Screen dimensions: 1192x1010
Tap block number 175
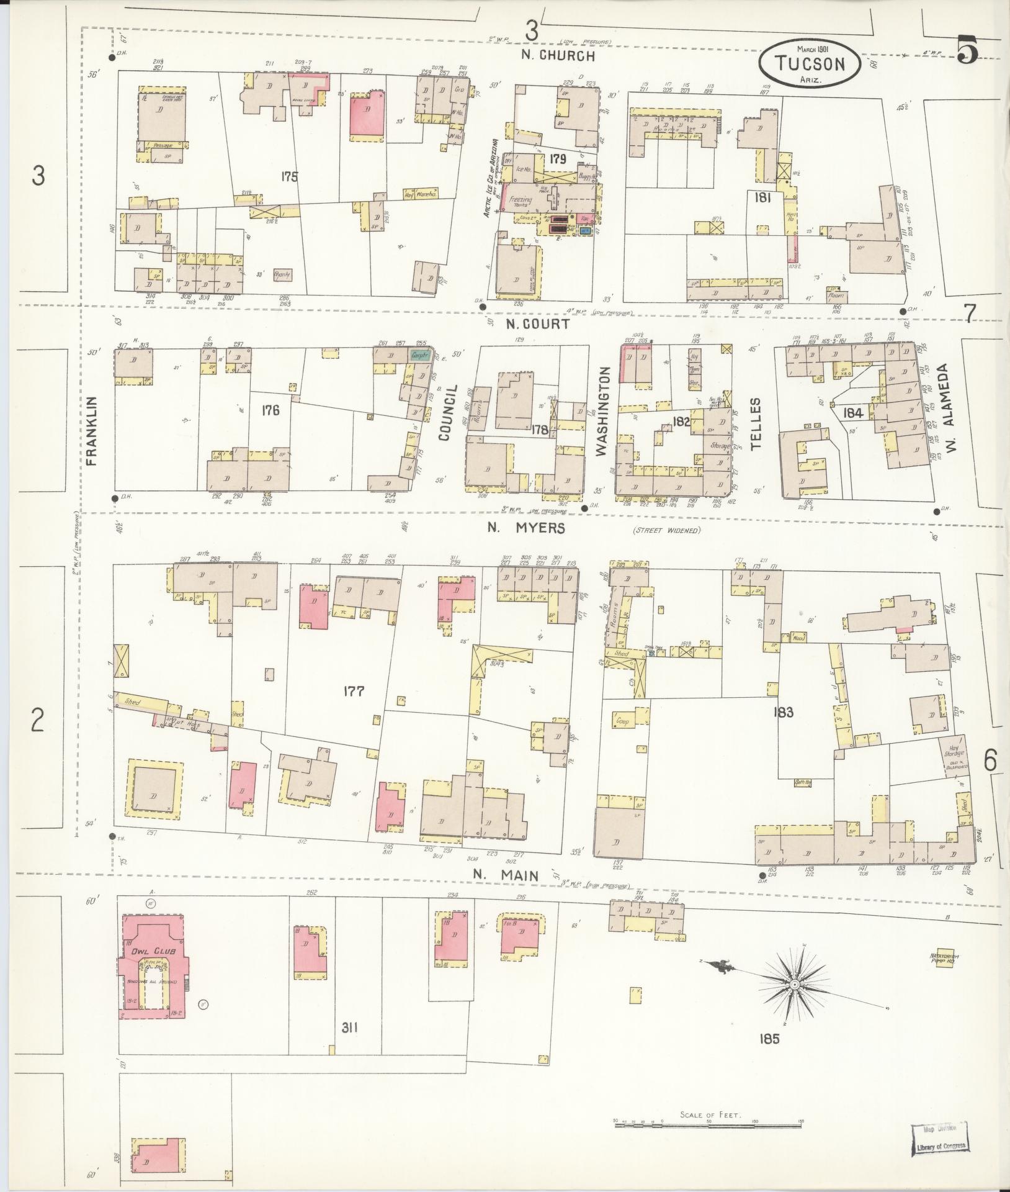coord(288,177)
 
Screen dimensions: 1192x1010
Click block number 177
coord(353,691)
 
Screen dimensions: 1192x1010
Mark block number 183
coord(783,712)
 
